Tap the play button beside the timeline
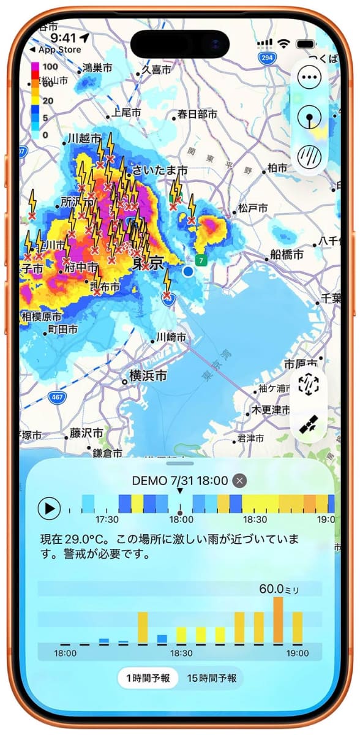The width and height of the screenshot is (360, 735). click(x=50, y=508)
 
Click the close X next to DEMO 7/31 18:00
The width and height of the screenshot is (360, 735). click(x=240, y=481)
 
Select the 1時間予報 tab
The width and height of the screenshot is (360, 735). click(x=148, y=678)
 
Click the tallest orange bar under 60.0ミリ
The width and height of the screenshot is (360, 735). click(x=278, y=620)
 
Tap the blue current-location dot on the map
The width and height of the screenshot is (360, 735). click(x=188, y=271)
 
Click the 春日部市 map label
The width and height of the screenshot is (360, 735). click(x=197, y=114)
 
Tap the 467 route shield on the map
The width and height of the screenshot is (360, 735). click(x=56, y=397)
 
